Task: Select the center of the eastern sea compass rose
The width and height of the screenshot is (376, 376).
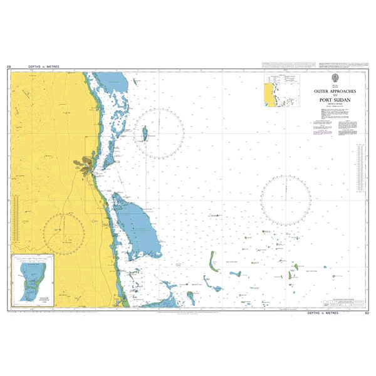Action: pos(285,200)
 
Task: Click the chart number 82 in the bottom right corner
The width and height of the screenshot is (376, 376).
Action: pos(366,311)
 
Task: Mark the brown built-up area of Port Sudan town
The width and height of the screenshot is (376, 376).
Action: pos(84,165)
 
